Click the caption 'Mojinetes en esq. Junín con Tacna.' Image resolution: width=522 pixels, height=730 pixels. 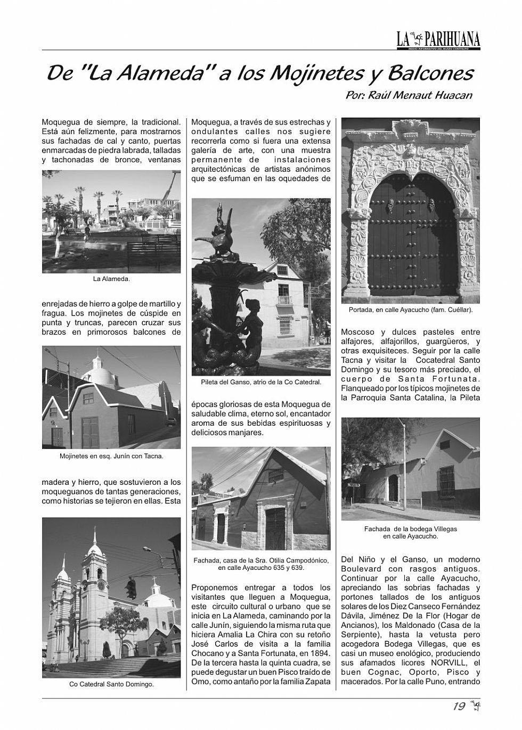(x=111, y=456)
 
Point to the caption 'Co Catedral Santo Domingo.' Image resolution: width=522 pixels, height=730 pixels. (x=111, y=684)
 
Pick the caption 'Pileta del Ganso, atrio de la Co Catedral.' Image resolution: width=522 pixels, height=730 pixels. (x=261, y=382)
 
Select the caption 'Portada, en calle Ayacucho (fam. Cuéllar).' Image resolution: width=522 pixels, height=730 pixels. (x=411, y=309)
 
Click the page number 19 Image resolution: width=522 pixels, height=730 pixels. (x=459, y=707)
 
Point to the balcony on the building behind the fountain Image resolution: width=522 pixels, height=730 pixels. (x=284, y=300)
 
